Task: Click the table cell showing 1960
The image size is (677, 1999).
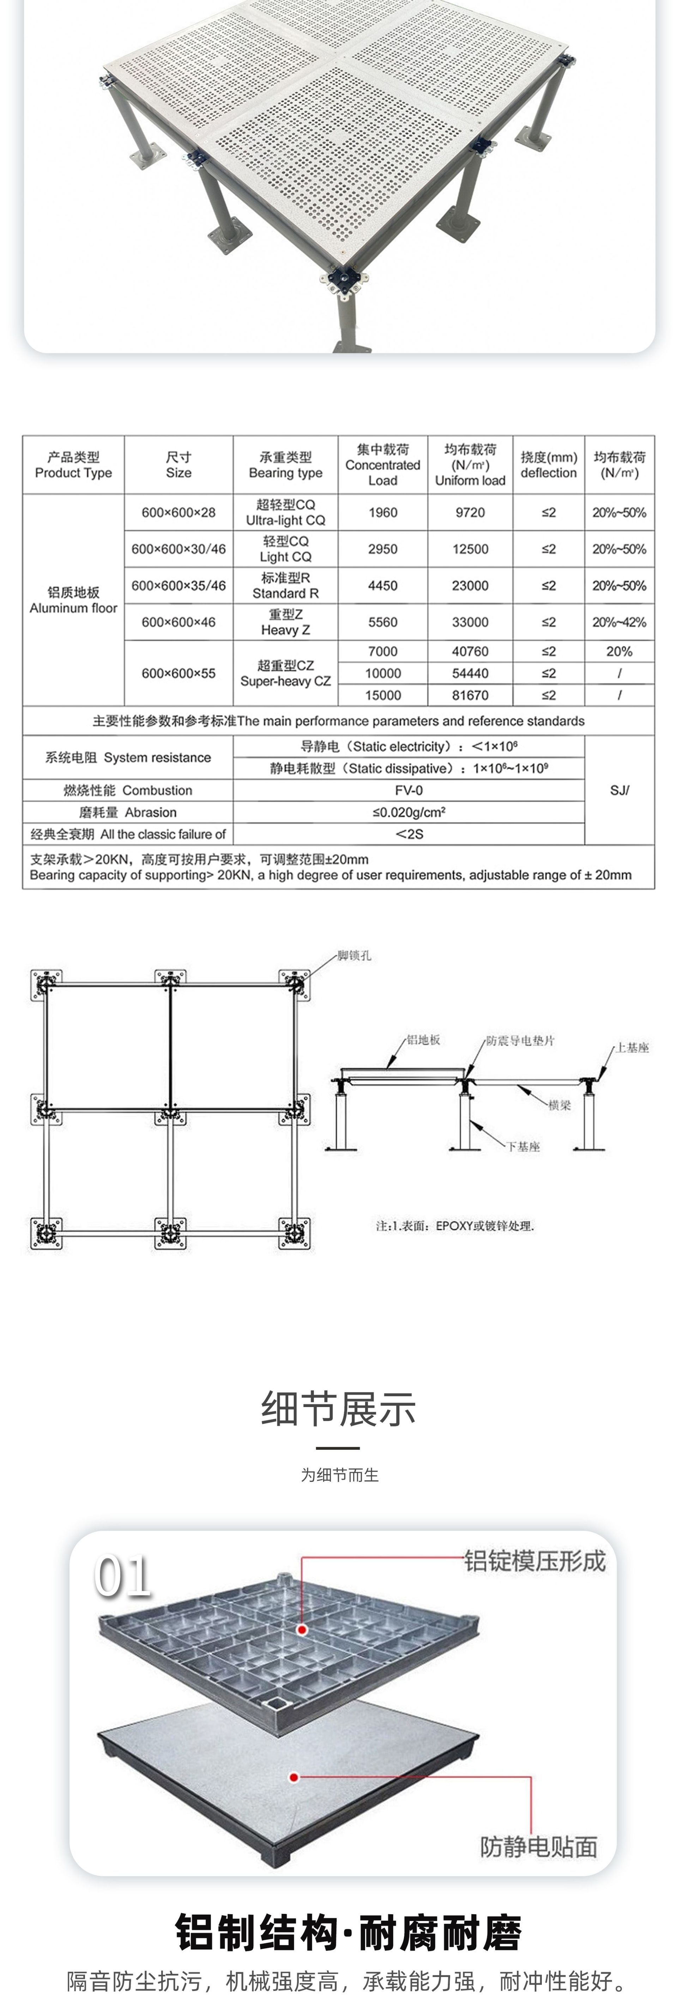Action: click(x=382, y=512)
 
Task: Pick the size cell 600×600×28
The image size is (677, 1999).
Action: click(x=179, y=512)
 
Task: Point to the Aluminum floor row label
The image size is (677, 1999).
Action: click(x=74, y=600)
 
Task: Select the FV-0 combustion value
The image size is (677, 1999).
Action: click(x=409, y=790)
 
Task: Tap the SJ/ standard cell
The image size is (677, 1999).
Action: click(x=619, y=790)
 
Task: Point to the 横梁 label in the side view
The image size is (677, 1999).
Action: click(x=559, y=1105)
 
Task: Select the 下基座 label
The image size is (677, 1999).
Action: click(x=524, y=1146)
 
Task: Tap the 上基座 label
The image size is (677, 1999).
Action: click(x=632, y=1048)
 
